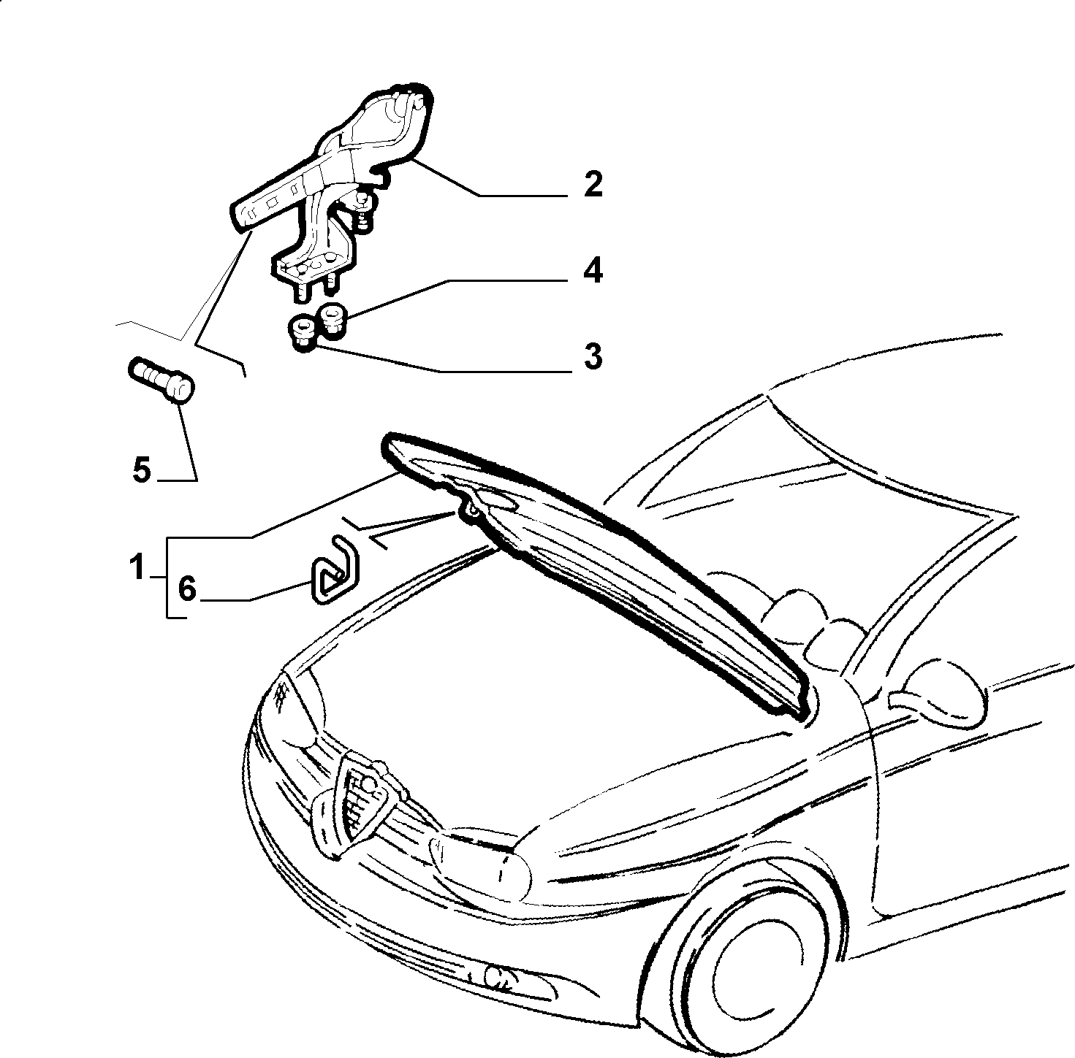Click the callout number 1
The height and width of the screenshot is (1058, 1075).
[136, 567]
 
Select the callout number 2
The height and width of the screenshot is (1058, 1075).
[593, 184]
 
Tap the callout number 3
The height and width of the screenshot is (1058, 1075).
[593, 356]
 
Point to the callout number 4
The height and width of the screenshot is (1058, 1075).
[593, 271]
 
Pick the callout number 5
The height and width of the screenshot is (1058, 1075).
[142, 469]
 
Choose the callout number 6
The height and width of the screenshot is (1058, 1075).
[187, 589]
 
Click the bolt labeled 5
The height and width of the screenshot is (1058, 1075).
[162, 378]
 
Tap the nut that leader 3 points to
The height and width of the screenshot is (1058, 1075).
[302, 332]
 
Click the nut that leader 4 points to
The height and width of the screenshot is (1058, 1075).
[331, 319]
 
